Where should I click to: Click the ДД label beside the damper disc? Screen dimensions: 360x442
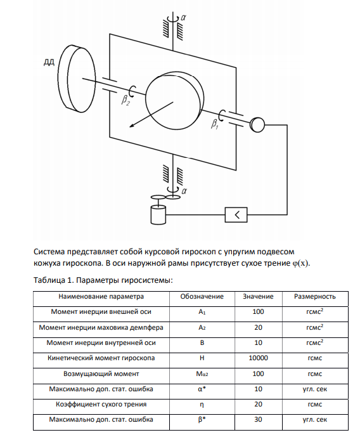[49, 62]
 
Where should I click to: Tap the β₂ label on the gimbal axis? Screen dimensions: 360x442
[125, 100]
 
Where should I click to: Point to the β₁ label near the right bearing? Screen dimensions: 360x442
[215, 124]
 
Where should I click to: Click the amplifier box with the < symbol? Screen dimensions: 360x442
[236, 215]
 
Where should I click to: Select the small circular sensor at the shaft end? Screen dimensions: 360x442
[257, 124]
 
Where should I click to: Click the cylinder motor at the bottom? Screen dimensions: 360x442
[158, 214]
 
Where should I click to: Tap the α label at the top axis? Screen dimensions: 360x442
[183, 18]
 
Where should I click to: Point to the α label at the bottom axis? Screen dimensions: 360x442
[184, 191]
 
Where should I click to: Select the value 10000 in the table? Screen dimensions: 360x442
[259, 358]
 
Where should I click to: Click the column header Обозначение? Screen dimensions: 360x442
[202, 297]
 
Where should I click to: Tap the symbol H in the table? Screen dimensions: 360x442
[202, 358]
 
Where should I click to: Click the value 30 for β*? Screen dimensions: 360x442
[259, 419]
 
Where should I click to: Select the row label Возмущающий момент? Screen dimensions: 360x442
[101, 374]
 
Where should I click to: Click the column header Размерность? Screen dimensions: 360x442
[315, 297]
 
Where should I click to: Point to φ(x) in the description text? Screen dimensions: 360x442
[300, 263]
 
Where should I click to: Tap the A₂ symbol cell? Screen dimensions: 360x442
[202, 328]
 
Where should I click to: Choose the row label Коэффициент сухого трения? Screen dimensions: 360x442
[101, 404]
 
